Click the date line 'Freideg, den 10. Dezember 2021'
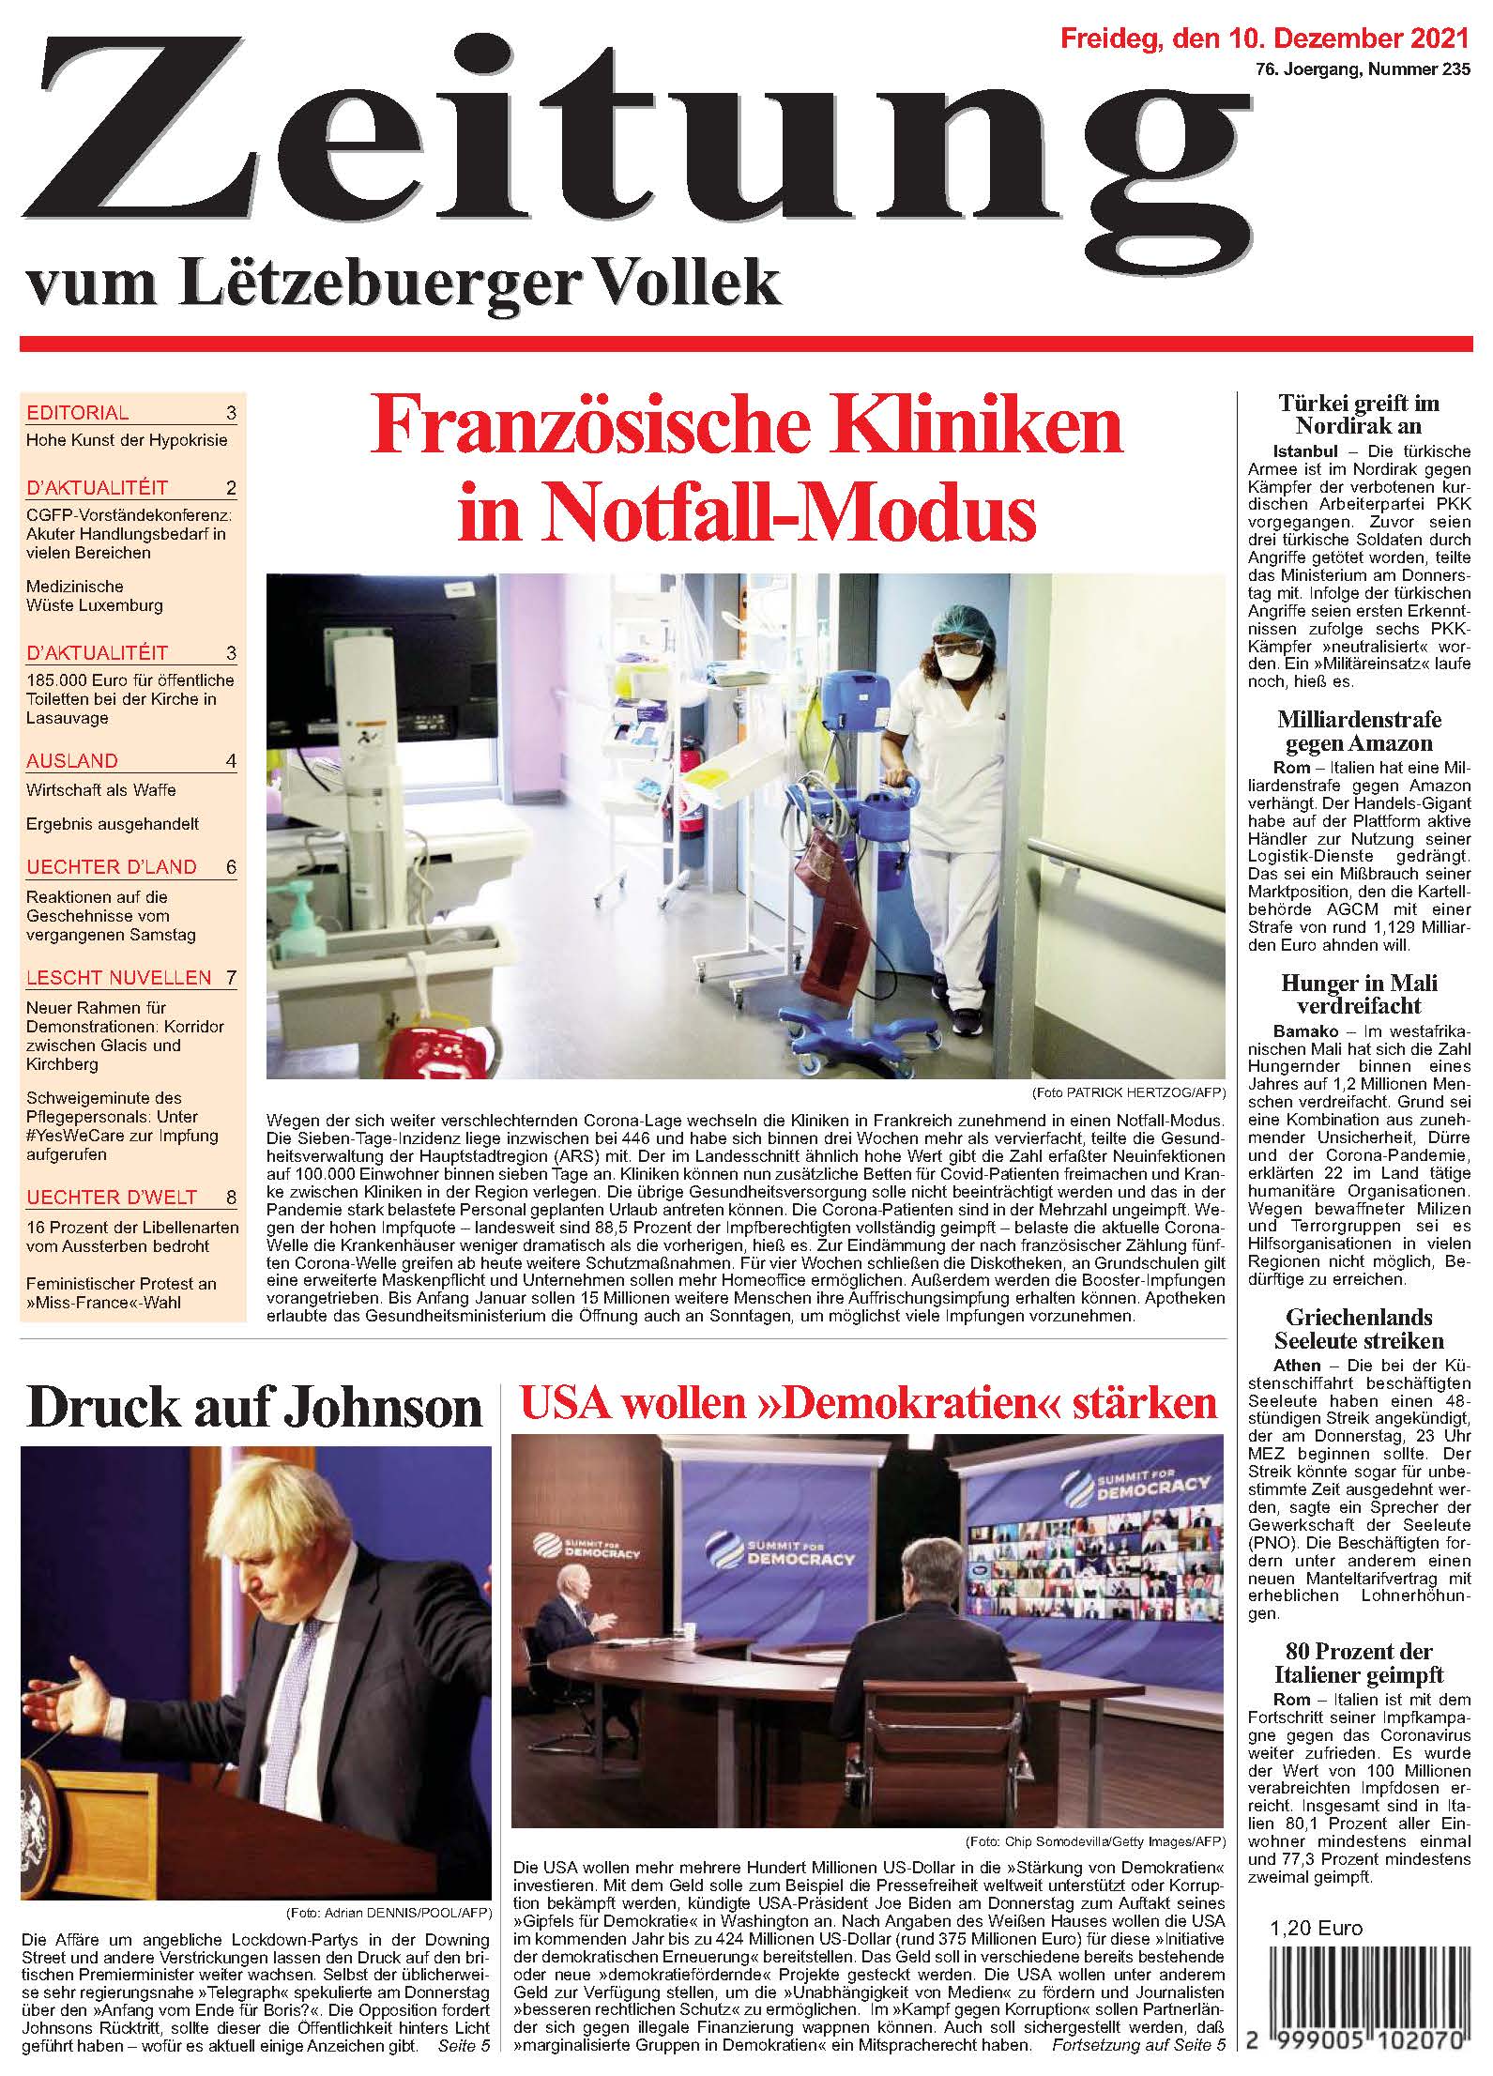tap(1263, 38)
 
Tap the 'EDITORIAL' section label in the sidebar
tap(78, 413)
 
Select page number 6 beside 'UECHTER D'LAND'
tap(231, 867)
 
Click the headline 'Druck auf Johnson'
tap(254, 1407)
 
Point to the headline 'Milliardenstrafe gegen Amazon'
tap(1358, 732)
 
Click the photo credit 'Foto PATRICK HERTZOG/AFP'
tap(1128, 1093)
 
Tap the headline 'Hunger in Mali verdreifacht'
tap(1358, 995)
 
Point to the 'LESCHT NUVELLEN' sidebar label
tap(119, 978)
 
